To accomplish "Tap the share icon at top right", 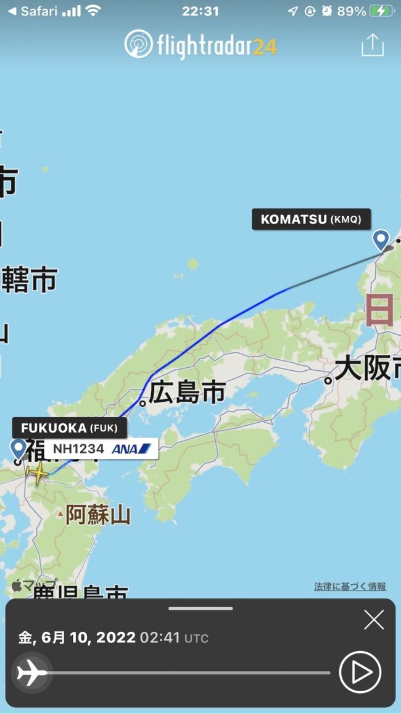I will click(x=372, y=45).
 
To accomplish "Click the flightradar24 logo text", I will click(x=201, y=45).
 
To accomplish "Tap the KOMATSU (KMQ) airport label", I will click(x=311, y=219).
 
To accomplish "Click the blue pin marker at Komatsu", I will click(x=381, y=239).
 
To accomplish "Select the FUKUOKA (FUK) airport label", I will click(x=69, y=428).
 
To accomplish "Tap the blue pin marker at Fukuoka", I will click(x=19, y=449).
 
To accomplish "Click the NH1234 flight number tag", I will click(x=78, y=449).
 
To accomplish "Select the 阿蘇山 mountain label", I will click(x=98, y=514).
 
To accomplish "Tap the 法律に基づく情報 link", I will click(x=350, y=586).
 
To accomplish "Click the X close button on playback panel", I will click(x=373, y=620).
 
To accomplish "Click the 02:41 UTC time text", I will click(x=174, y=637).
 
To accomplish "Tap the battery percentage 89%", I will click(x=352, y=11).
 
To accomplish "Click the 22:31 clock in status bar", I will click(x=200, y=11).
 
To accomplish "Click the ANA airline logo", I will click(x=131, y=449).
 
